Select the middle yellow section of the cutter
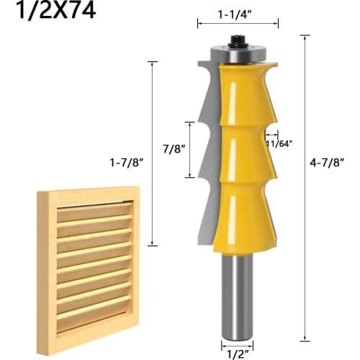click(241, 155)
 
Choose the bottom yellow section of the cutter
click(241, 216)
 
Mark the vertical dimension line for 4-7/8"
click(306, 187)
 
